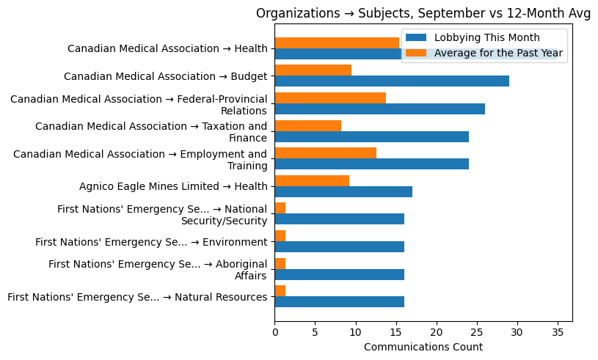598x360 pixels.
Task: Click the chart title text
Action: [x=423, y=13]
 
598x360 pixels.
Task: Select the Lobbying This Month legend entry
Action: [x=486, y=37]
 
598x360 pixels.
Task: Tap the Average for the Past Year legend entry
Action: [x=498, y=53]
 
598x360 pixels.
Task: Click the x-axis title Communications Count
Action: [x=423, y=347]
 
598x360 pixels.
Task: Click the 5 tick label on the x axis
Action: [x=316, y=331]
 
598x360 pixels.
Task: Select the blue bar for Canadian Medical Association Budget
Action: [x=392, y=81]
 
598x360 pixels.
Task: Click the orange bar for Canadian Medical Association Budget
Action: [x=313, y=70]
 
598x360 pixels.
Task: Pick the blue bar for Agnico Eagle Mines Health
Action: [x=343, y=191]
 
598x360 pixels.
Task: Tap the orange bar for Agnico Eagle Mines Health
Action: [x=312, y=180]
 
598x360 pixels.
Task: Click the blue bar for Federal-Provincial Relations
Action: [x=380, y=109]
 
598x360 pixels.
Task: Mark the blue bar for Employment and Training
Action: [x=372, y=164]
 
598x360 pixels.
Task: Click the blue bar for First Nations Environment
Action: [x=340, y=246]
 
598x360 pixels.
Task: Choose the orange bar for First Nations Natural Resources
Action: [x=280, y=291]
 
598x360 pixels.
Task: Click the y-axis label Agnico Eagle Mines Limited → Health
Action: [x=173, y=186]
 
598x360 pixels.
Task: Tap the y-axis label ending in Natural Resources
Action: [x=137, y=297]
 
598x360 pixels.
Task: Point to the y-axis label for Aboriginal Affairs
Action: [x=158, y=270]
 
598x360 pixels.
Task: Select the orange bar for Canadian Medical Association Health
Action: [x=337, y=43]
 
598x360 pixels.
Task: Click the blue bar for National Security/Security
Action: [x=340, y=218]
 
